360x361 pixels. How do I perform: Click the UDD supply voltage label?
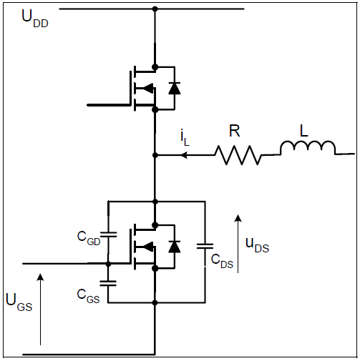coord(35,19)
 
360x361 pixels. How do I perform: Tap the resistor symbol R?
coord(238,155)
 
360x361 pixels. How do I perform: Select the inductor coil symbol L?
coord(308,148)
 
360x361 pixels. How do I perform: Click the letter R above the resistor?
coord(234,131)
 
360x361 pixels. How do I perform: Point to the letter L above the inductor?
coord(303,131)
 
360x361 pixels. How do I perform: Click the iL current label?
coord(185,139)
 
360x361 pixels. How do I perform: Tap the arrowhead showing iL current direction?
coord(184,155)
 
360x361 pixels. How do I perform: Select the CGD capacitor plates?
coord(109,234)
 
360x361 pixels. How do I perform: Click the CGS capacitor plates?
coord(108,283)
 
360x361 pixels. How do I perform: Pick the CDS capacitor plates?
coord(205,246)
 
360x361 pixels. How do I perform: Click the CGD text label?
coord(89,239)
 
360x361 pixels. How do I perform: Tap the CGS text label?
coord(88,296)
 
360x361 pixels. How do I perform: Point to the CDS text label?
coord(222,262)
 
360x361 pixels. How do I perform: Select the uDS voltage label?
coord(257,245)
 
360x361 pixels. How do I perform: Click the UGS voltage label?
coord(19,302)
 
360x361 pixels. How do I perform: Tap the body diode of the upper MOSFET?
coord(175,88)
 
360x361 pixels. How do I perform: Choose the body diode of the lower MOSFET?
coord(175,247)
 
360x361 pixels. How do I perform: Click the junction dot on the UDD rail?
coord(155,9)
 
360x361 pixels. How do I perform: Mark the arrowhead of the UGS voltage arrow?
coord(41,277)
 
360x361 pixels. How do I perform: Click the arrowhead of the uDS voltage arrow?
coord(238,218)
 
